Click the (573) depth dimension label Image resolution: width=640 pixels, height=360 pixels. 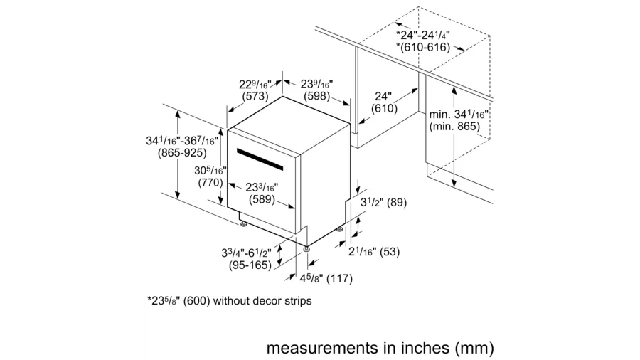tap(255, 96)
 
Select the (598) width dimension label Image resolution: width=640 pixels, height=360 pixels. tap(317, 96)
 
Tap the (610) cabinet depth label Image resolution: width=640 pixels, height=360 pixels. tap(384, 109)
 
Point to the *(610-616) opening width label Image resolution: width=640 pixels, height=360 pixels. tap(423, 48)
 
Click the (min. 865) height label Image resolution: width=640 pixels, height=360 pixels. tap(454, 127)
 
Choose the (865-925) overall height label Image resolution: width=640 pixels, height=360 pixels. tap(182, 153)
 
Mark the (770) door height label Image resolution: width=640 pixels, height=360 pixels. tap(210, 182)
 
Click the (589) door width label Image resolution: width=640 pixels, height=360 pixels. tap(262, 200)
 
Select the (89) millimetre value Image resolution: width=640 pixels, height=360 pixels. tap(397, 203)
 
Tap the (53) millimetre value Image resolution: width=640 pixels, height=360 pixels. tap(390, 252)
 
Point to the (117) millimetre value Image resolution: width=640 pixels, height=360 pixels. tap(339, 279)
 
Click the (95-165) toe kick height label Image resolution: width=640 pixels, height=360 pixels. tap(250, 265)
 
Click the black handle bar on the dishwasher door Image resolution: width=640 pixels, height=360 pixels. tap(260, 159)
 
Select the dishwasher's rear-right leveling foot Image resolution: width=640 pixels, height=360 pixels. tap(340, 230)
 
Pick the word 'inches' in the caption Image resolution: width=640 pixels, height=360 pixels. tap(412, 348)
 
